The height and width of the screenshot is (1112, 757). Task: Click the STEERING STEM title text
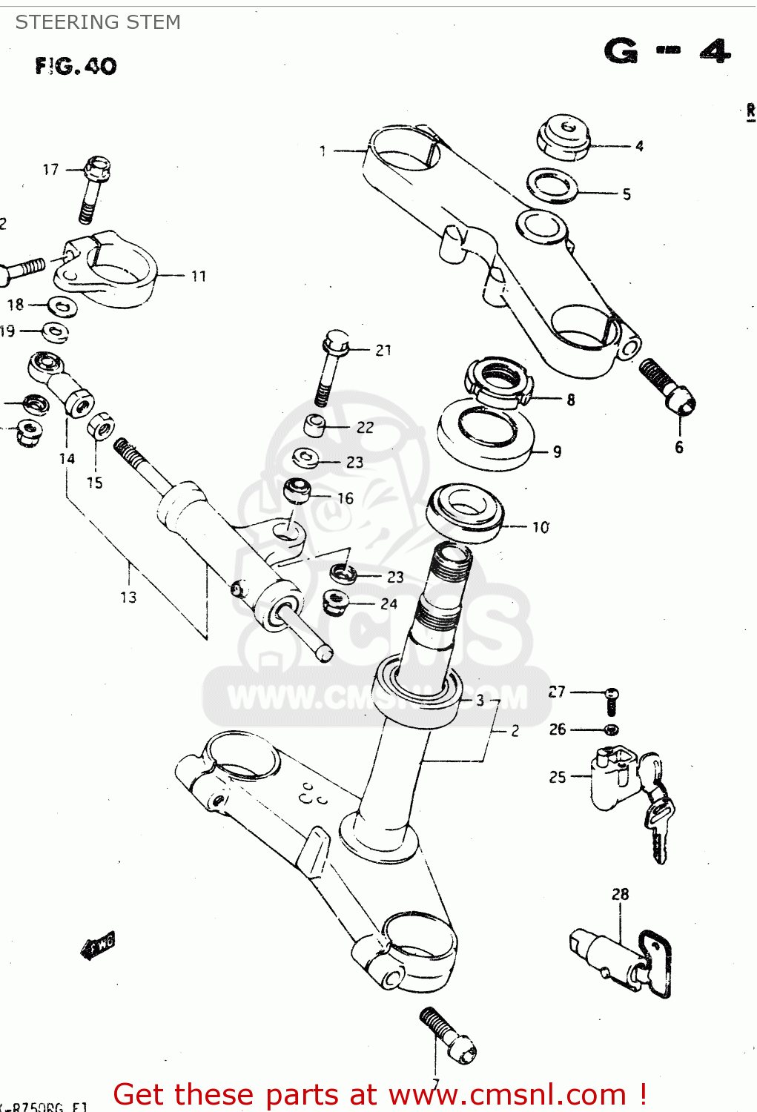(98, 22)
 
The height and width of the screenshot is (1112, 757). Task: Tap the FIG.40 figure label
(76, 67)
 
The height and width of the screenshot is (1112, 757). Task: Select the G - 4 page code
(667, 52)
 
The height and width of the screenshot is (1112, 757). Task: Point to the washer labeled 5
(553, 185)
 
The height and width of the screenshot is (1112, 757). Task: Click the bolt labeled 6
(667, 385)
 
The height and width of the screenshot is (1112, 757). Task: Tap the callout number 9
(557, 451)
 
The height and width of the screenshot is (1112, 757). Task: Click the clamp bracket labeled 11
(108, 268)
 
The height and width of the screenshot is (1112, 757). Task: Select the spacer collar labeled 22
(315, 426)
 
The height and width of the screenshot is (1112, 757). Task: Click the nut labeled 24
(336, 601)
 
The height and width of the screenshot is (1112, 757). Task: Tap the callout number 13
(128, 597)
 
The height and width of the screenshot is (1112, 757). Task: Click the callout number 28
(620, 894)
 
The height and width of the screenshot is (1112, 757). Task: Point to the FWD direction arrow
(97, 946)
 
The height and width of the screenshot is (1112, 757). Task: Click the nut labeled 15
(100, 426)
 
